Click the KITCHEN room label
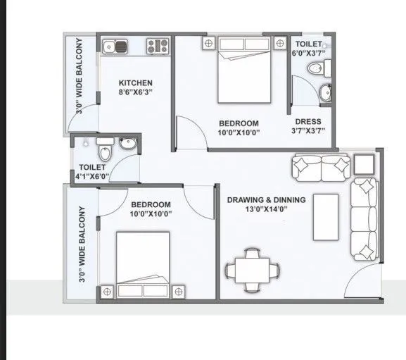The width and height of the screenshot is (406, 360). [136, 83]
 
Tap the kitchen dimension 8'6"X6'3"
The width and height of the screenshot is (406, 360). [136, 92]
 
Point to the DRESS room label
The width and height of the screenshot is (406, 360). [307, 120]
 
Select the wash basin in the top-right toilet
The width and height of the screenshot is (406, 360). [324, 92]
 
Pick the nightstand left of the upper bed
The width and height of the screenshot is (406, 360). [208, 44]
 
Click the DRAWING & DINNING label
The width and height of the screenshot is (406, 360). [266, 200]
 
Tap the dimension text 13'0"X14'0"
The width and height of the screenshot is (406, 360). [266, 209]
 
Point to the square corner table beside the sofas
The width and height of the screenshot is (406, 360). [364, 166]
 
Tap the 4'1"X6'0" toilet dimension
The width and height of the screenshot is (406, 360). [92, 177]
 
